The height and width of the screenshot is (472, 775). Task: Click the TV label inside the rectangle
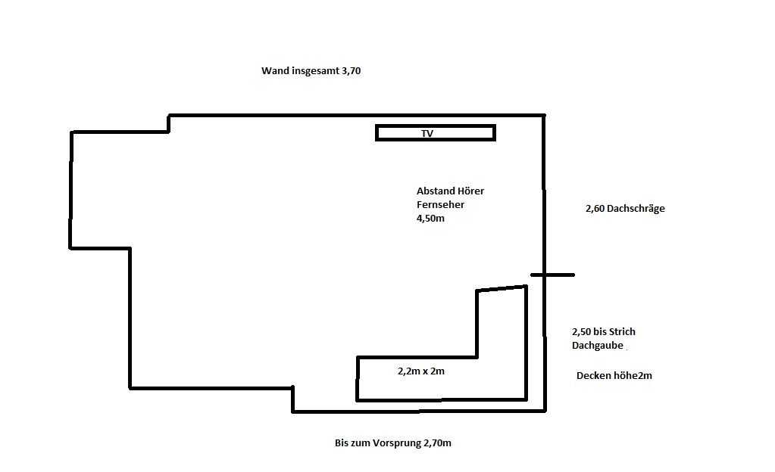coord(427,133)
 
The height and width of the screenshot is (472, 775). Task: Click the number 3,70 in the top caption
coord(351,71)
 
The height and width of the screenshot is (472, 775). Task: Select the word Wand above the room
coord(275,70)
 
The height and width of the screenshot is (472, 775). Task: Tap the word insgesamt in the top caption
coord(315,71)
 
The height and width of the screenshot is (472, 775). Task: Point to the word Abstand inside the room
coord(436,191)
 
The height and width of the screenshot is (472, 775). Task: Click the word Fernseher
coord(440,204)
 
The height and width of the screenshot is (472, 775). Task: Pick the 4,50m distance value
coord(430,219)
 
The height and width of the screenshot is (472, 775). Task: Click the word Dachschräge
coord(636,209)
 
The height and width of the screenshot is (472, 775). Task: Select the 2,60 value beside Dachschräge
coord(595,209)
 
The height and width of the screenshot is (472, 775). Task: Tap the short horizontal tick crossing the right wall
coord(552,275)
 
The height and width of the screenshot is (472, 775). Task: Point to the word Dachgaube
coord(598,346)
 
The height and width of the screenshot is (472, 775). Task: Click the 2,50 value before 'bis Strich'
coord(581,332)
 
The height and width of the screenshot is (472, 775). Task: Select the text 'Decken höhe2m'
coord(614,376)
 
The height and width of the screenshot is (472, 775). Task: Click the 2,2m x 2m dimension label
coord(421,371)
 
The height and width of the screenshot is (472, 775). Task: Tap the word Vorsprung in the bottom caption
coord(398,443)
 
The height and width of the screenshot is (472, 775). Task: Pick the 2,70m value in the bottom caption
coord(437,443)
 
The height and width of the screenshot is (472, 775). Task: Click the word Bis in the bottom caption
coord(342,443)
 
